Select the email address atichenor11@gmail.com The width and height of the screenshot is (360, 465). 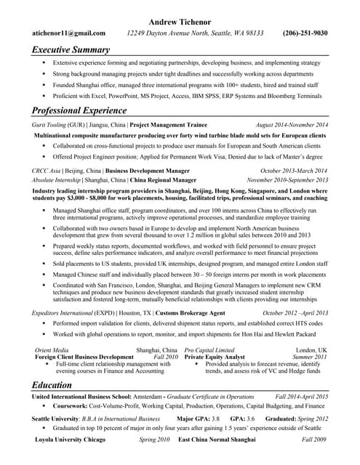69,33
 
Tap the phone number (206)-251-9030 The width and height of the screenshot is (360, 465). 305,33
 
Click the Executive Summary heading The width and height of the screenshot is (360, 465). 71,50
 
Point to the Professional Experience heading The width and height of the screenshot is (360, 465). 79,110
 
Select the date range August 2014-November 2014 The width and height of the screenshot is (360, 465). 292,125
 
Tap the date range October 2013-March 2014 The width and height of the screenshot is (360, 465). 294,170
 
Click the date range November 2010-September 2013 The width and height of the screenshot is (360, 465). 287,179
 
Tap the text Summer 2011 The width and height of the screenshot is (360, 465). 309,357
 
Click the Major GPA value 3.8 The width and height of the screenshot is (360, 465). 215,419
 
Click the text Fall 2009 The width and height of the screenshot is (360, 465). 314,440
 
